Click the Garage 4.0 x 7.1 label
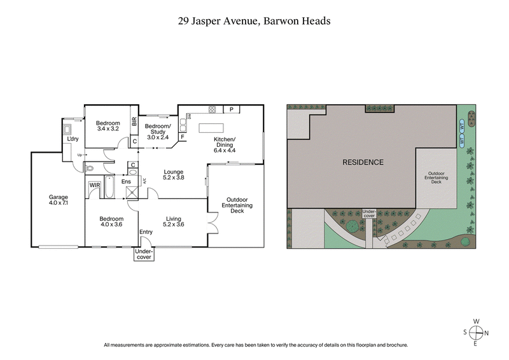click(58, 200)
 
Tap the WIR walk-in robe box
click(94, 185)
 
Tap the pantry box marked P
click(231, 109)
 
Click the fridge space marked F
click(182, 136)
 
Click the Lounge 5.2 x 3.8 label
click(174, 175)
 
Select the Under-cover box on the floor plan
click(143, 254)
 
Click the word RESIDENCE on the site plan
click(363, 162)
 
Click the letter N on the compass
click(487, 332)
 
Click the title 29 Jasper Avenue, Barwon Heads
click(254, 21)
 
